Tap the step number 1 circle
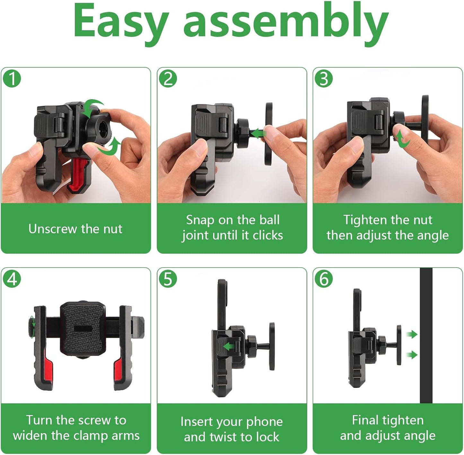[x=12, y=78]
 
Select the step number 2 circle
[x=168, y=78]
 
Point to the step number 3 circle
[x=324, y=78]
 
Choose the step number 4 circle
[x=12, y=279]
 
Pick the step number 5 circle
[x=168, y=279]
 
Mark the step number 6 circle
[x=324, y=279]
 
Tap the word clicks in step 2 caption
[x=268, y=235]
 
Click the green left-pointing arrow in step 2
[x=258, y=133]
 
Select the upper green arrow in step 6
[x=412, y=334]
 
